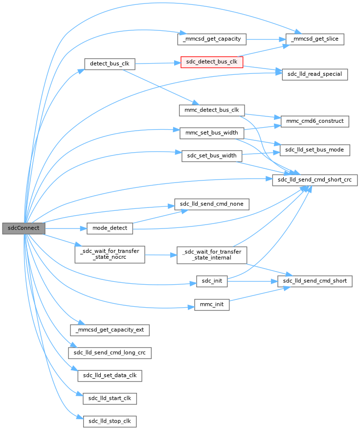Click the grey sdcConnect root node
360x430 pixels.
(23, 228)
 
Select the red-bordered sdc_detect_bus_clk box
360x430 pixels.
(212, 62)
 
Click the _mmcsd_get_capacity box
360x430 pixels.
(211, 39)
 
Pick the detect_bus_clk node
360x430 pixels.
(110, 64)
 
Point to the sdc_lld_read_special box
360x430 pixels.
(315, 74)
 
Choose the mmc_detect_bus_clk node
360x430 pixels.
(212, 110)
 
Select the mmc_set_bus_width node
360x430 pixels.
(212, 133)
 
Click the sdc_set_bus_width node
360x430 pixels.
(212, 156)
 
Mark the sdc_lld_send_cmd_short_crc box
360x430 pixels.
(315, 180)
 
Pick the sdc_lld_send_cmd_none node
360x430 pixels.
(212, 204)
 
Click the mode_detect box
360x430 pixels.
(110, 228)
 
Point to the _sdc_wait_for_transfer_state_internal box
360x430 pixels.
(212, 255)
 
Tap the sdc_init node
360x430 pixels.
(212, 281)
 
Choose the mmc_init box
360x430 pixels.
(212, 304)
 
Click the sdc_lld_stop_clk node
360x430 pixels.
(110, 421)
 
